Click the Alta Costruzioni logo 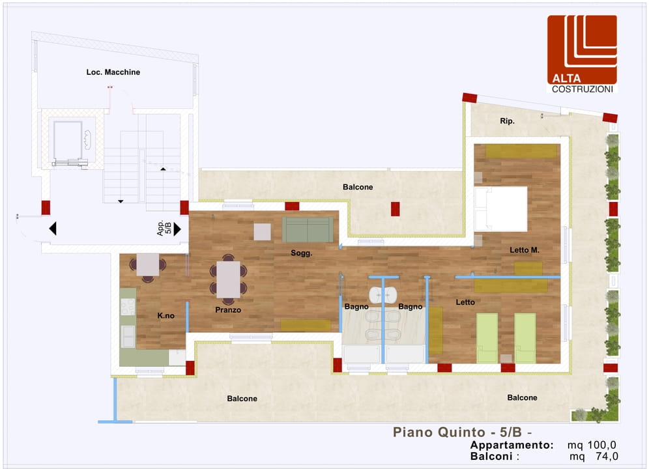coord(582,54)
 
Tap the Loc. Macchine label coord(113,72)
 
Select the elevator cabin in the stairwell coord(68,141)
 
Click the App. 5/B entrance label coord(164,228)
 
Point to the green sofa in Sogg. coord(308,229)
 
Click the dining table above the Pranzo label coord(228,279)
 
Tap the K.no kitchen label coord(166,315)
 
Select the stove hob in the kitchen coord(128,307)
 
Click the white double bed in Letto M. coord(501,208)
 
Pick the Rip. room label coord(507,121)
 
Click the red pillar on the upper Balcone coord(396,209)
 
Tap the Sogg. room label coord(301,253)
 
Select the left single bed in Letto coord(487,338)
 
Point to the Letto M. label coord(525,250)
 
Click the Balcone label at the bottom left coord(242,399)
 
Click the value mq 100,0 coord(592,445)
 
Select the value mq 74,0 coord(594,456)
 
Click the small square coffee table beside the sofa coord(262,232)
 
